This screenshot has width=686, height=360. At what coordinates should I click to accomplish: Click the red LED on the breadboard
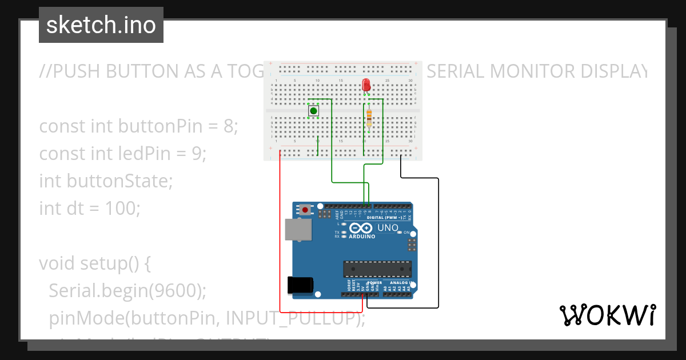point(366,86)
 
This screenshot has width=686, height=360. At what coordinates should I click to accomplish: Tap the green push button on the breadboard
point(313,110)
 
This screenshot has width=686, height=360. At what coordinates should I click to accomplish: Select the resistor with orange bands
point(369,118)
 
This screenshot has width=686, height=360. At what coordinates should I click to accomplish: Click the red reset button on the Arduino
point(305,210)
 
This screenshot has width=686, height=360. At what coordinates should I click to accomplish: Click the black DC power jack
point(300,285)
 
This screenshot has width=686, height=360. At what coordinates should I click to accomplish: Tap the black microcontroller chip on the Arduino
point(377,269)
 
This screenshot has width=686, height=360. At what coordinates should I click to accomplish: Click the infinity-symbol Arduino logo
point(362,228)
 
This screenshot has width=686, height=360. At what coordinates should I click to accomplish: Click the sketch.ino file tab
point(101,25)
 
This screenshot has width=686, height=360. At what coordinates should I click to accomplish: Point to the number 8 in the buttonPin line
point(230,126)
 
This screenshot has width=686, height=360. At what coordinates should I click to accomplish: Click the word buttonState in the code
point(118,181)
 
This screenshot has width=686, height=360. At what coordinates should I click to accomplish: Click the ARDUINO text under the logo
point(362,236)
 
